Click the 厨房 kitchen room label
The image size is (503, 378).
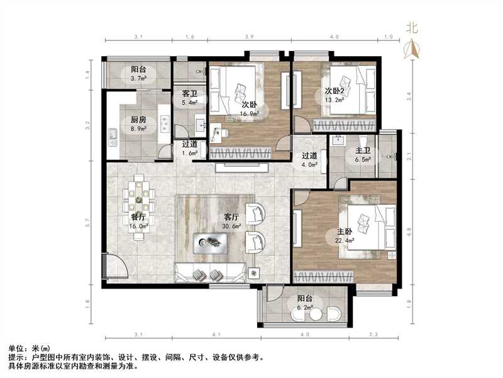(138, 120)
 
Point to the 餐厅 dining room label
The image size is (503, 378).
(138, 217)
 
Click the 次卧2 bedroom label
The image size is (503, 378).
(336, 89)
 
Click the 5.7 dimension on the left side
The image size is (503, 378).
(89, 222)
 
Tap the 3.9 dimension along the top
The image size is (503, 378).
(249, 37)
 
